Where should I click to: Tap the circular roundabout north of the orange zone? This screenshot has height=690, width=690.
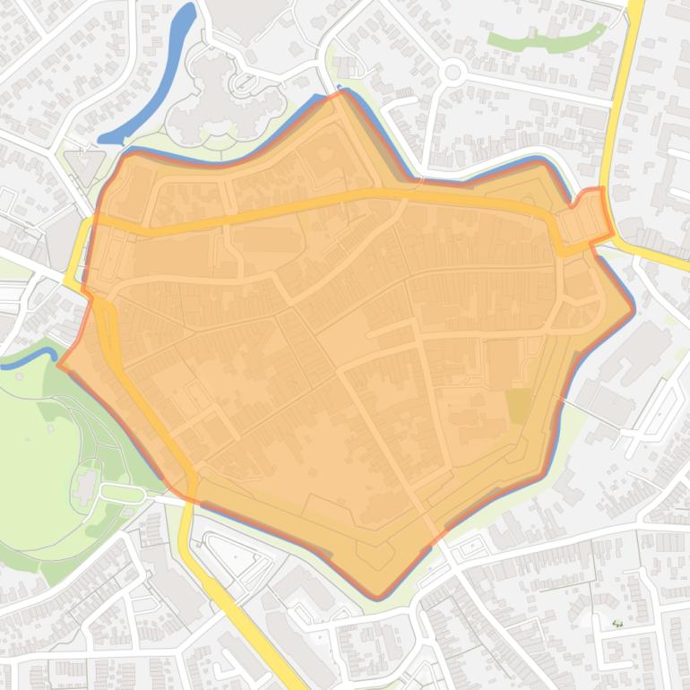point(453,72)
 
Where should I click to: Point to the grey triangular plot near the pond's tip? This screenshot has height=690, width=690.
point(84,166)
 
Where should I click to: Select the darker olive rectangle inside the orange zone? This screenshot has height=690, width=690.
point(518,405)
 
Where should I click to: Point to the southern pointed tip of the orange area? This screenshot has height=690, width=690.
point(379,594)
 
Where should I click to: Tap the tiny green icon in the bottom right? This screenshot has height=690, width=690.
point(617,624)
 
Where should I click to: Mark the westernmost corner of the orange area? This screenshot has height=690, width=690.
point(60,364)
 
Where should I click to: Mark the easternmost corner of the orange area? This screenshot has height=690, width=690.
point(633,309)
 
